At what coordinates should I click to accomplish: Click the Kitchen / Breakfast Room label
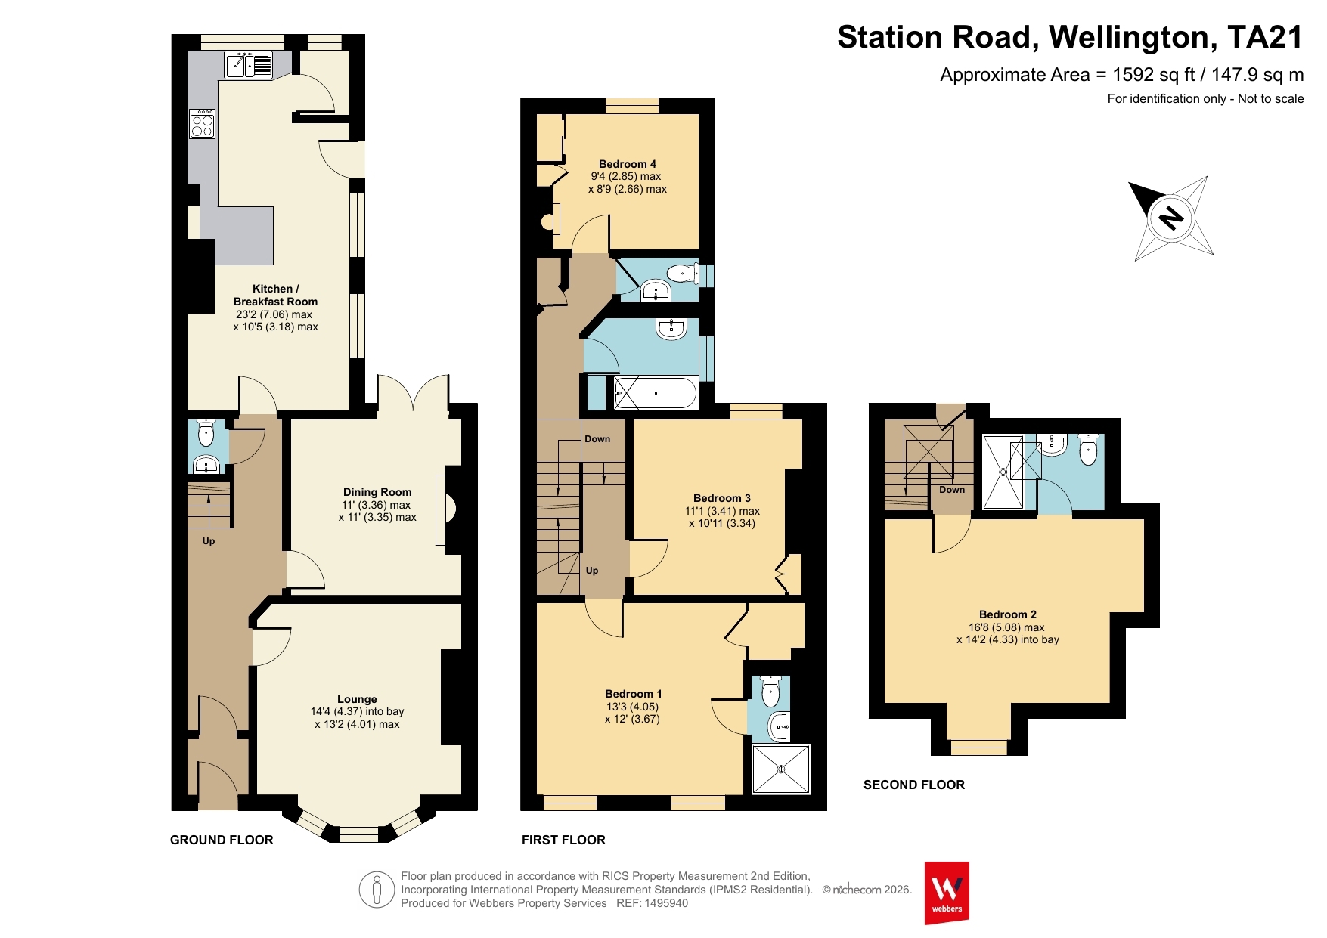point(275,295)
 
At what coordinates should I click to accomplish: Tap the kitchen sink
point(249,65)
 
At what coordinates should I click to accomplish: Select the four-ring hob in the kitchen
point(203,124)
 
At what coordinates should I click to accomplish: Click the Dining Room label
point(377,492)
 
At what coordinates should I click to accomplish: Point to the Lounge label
point(357,699)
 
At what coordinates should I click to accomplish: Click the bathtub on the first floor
point(656,394)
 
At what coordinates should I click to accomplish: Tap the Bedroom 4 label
point(628,164)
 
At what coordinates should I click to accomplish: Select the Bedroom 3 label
point(722,498)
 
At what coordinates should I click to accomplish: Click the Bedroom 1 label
point(634,694)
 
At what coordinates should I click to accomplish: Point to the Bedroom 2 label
point(1008,614)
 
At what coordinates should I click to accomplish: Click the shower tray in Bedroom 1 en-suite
point(781,769)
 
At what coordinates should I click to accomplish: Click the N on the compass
point(1171,218)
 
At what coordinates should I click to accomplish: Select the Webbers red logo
point(947,893)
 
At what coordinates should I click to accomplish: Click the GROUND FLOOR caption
point(222,840)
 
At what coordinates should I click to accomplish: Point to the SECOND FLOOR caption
point(914,785)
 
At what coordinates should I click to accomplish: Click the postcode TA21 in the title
point(1266,37)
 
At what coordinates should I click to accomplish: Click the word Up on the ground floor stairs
point(209,541)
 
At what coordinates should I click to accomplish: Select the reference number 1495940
point(665,903)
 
